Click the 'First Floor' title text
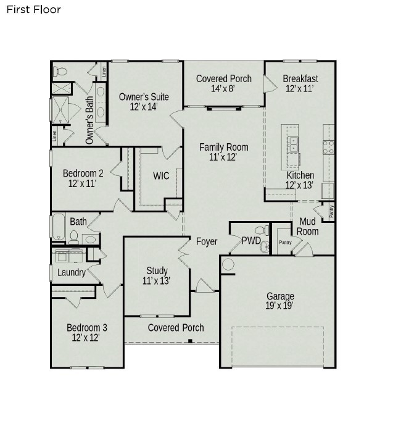coord(33,10)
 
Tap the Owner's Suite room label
coord(143,97)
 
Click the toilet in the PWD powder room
coord(264,231)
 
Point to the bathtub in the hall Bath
coord(57,227)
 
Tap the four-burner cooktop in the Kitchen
coord(329,147)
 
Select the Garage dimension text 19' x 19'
coord(279,306)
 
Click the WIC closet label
coord(161,176)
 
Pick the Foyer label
coord(207,241)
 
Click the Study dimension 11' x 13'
coord(157,280)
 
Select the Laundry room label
coord(72,272)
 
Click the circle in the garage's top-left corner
coord(228,265)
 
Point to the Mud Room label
coord(307,227)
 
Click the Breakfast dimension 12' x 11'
coord(300,89)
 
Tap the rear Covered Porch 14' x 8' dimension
coord(223,89)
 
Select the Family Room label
coord(223,147)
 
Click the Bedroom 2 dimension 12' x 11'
coord(83,184)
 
